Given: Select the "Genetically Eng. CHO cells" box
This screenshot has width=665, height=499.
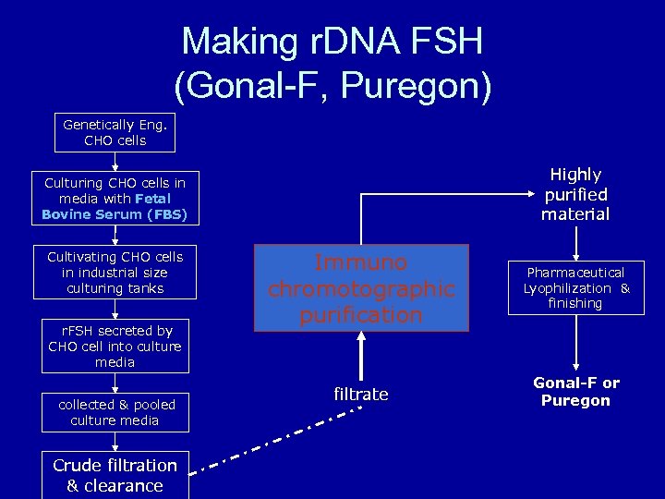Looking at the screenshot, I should coord(115,132).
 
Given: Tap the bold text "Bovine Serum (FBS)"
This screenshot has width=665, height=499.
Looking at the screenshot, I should coord(115,214).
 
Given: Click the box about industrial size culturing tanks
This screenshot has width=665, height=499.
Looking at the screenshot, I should coord(115,273).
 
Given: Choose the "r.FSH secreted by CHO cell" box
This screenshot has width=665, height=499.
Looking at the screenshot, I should coord(115,347).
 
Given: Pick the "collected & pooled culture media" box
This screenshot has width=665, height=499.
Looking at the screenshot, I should coord(115,412).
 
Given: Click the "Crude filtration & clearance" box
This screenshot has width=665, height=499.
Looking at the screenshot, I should coord(115,475).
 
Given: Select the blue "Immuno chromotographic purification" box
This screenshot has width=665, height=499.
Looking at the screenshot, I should coord(361,288).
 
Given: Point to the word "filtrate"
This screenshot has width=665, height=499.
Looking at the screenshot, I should coord(361,395).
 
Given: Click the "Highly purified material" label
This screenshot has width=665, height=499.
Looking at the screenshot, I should coord(575,194).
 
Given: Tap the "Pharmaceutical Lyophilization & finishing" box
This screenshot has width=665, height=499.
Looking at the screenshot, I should coord(576,288).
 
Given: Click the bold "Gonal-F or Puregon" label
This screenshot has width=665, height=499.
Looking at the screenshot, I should coord(576,392).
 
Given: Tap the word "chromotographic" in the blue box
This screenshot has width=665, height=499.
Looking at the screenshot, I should coord(361,289).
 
